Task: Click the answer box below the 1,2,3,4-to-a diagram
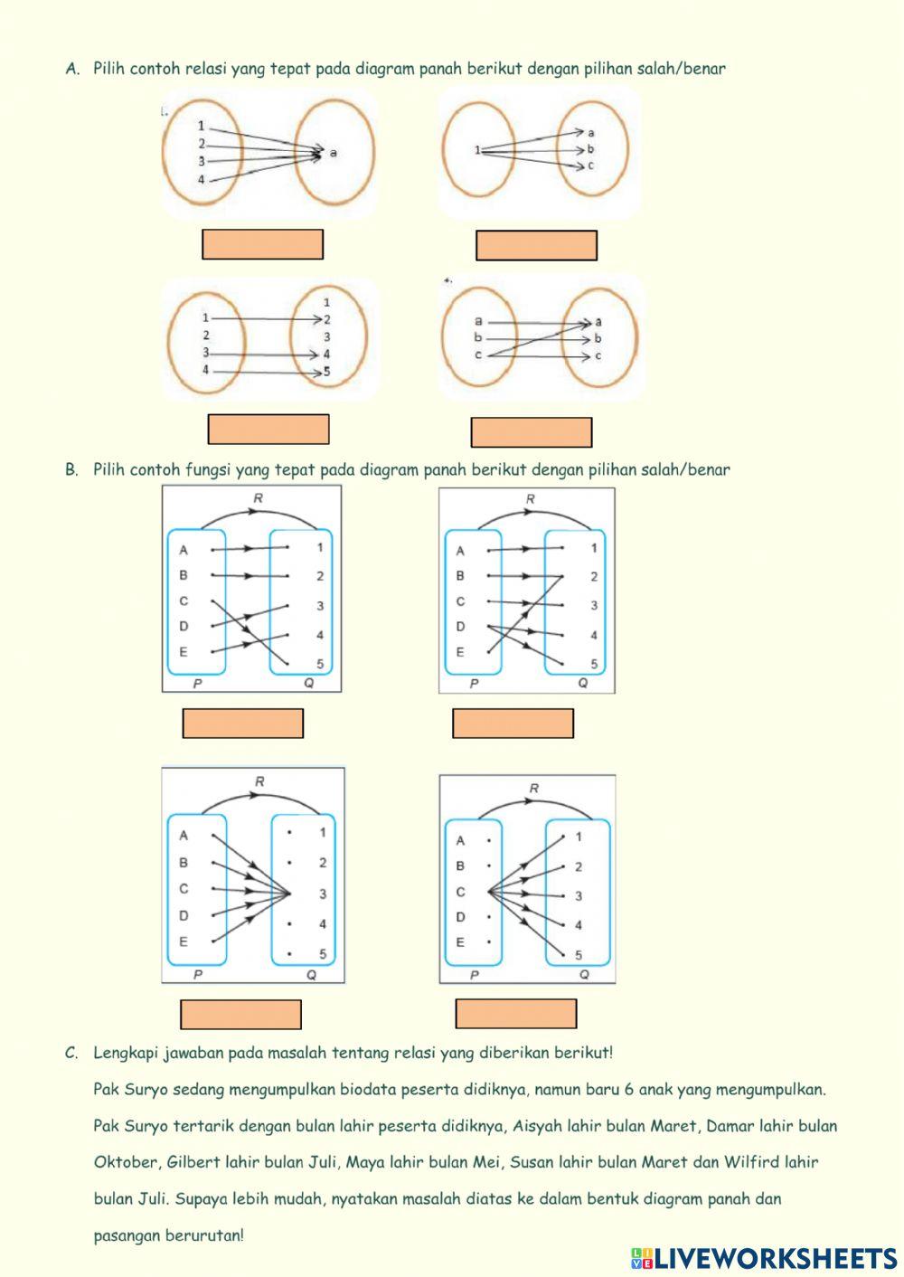[263, 244]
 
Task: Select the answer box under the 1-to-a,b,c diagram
[536, 245]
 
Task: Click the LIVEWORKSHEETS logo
[764, 1258]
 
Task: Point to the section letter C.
[71, 1053]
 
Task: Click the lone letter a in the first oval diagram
[334, 153]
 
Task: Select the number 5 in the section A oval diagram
[326, 372]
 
